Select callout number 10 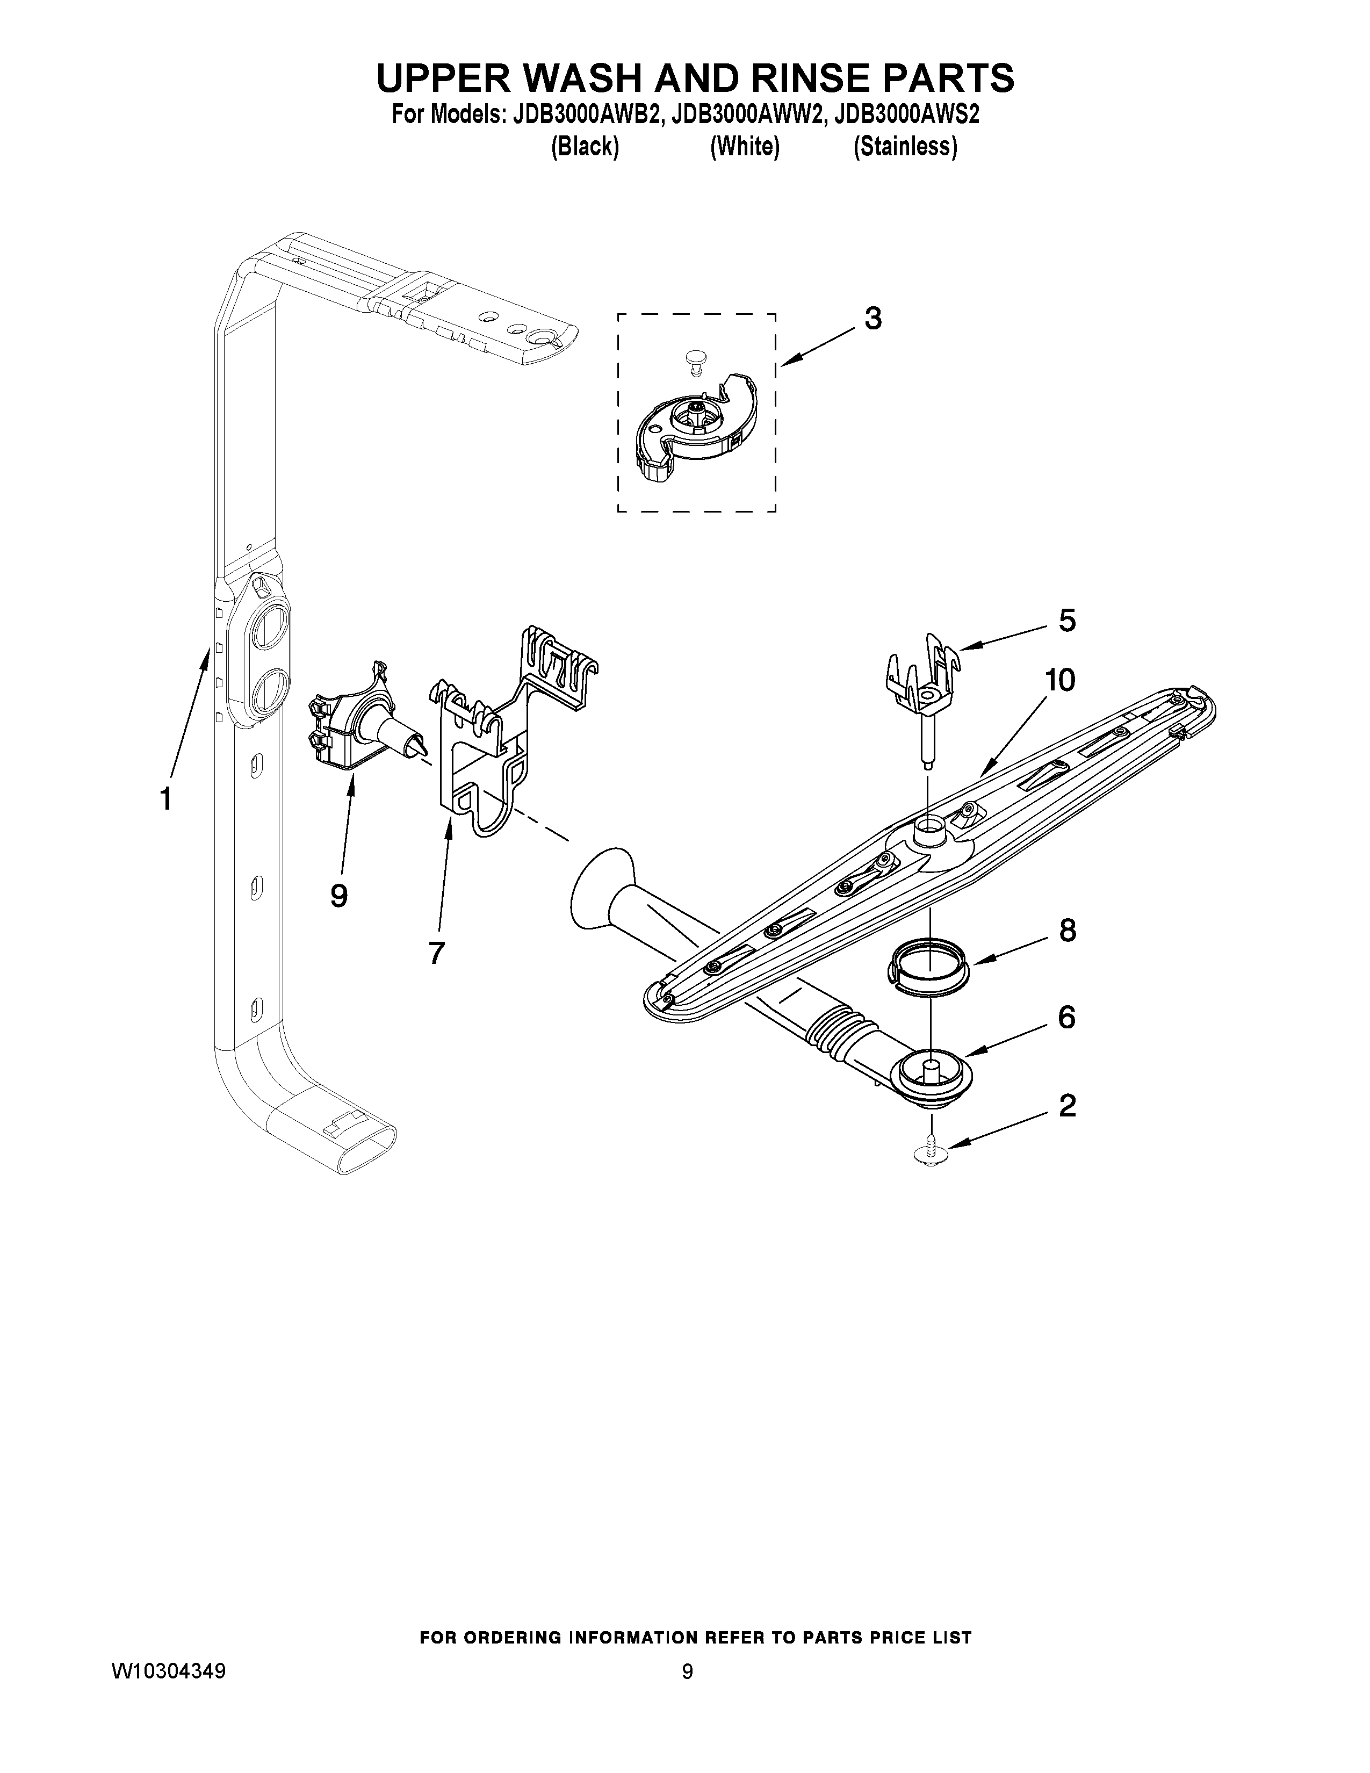pos(1059,680)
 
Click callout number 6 pos(1066,1017)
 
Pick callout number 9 pos(339,896)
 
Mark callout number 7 pos(437,952)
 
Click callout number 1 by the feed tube pos(165,799)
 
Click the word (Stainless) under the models pos(905,147)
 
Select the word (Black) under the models pos(585,147)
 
